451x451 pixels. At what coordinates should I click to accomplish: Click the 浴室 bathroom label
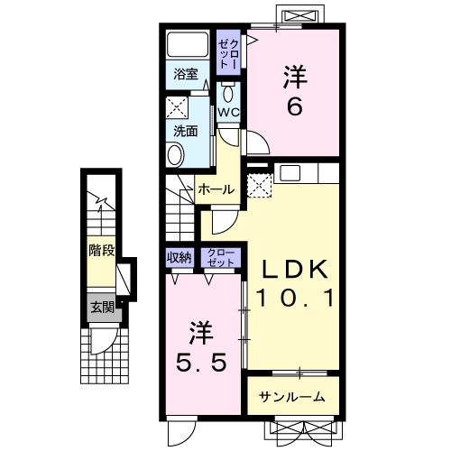[186, 74]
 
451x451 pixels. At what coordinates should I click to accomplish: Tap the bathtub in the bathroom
[188, 44]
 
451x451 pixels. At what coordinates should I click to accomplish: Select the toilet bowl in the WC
[228, 93]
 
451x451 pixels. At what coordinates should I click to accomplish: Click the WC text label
[228, 113]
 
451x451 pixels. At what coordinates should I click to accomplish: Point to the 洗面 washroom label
[186, 131]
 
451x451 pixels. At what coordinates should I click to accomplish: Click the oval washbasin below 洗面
[176, 154]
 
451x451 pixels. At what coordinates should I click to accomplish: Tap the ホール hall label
[216, 189]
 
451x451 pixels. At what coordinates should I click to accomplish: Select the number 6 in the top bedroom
[295, 107]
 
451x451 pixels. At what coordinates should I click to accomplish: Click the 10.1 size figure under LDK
[295, 298]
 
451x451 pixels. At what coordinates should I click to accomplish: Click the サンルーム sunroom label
[292, 398]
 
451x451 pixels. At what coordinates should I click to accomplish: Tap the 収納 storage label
[179, 257]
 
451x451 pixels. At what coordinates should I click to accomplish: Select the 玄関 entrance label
[103, 308]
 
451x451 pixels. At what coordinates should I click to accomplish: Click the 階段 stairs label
[102, 250]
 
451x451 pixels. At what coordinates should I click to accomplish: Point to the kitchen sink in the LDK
[290, 173]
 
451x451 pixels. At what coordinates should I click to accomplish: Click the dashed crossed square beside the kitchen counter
[259, 186]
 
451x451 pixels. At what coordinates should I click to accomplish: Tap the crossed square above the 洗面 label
[178, 107]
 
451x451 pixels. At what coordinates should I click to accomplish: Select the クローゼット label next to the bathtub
[228, 53]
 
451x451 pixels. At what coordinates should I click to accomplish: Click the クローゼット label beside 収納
[221, 258]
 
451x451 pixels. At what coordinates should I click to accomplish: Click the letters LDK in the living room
[295, 269]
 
